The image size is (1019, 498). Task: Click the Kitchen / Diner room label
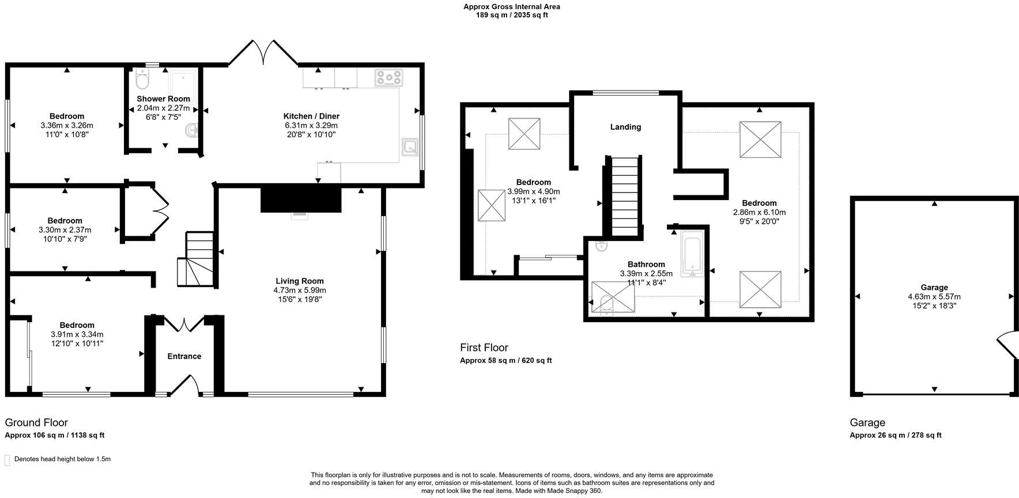(x=311, y=116)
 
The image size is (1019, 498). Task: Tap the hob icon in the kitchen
(x=388, y=78)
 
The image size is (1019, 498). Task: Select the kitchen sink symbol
(x=410, y=147)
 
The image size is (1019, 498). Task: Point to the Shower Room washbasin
(x=191, y=132)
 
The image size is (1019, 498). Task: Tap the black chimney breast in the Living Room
(x=301, y=199)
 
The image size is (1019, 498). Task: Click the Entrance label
(x=184, y=356)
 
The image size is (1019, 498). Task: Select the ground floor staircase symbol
(x=196, y=259)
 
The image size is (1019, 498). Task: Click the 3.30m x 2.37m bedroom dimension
(x=65, y=230)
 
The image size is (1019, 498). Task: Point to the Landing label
(x=625, y=127)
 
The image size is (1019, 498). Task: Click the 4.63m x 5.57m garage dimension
(x=934, y=297)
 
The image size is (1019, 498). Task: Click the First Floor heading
(x=484, y=348)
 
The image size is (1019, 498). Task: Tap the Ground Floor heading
(x=36, y=422)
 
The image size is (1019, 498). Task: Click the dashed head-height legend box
(x=7, y=459)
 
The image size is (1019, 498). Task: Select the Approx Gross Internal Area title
(x=511, y=7)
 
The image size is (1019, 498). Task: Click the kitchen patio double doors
(x=263, y=53)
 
